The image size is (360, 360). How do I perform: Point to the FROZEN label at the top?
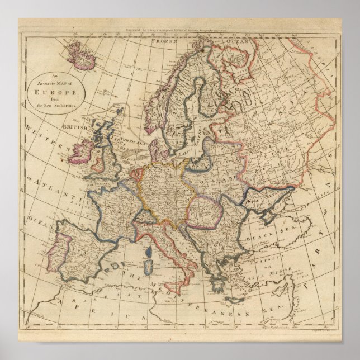pos(167,41)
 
